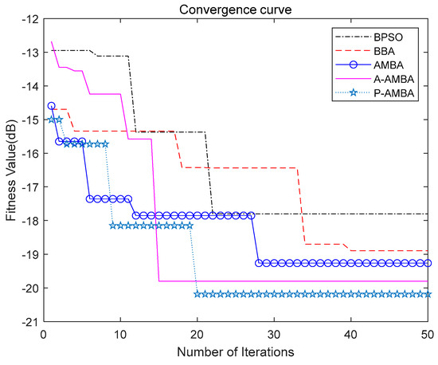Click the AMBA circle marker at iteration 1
pos(51,105)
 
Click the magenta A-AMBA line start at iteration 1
pos(51,41)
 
